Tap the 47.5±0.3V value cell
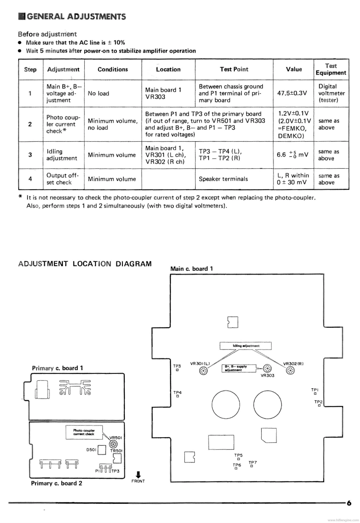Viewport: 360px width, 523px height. click(294, 93)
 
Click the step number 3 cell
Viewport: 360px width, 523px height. click(30, 155)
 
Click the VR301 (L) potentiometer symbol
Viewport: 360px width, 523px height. click(203, 371)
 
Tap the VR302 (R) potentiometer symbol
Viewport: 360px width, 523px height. click(290, 371)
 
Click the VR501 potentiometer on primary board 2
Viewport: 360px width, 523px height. click(113, 444)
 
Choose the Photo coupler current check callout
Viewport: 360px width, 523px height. click(84, 433)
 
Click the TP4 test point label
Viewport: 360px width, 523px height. click(177, 392)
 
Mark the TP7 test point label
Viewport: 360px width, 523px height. click(252, 462)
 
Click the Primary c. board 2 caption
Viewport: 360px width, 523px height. click(56, 483)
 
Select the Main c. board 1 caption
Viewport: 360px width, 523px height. click(191, 268)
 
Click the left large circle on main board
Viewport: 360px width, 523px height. click(226, 402)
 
